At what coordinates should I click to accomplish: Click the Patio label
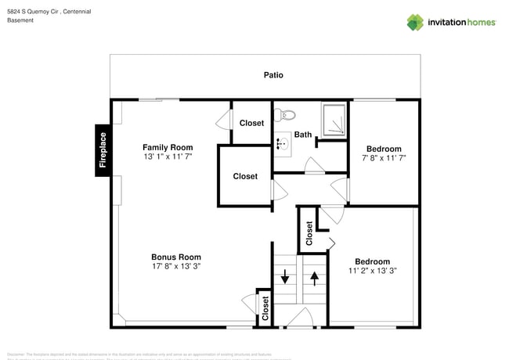click(273, 75)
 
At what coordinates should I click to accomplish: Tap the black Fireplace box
click(103, 150)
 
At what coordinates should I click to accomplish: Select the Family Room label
click(167, 147)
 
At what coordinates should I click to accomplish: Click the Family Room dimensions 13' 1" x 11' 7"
click(167, 157)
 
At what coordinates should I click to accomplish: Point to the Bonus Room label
click(175, 257)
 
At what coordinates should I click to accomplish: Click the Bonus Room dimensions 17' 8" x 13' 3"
click(175, 267)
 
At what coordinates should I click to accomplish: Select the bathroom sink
click(283, 143)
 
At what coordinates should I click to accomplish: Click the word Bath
click(303, 135)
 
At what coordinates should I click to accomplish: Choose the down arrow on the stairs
click(286, 276)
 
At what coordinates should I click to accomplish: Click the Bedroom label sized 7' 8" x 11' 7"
click(384, 149)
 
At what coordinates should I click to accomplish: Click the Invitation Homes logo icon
click(415, 22)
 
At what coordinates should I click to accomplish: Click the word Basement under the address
click(20, 21)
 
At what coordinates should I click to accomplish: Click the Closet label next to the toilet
click(251, 123)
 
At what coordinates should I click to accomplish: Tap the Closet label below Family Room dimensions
click(245, 176)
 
